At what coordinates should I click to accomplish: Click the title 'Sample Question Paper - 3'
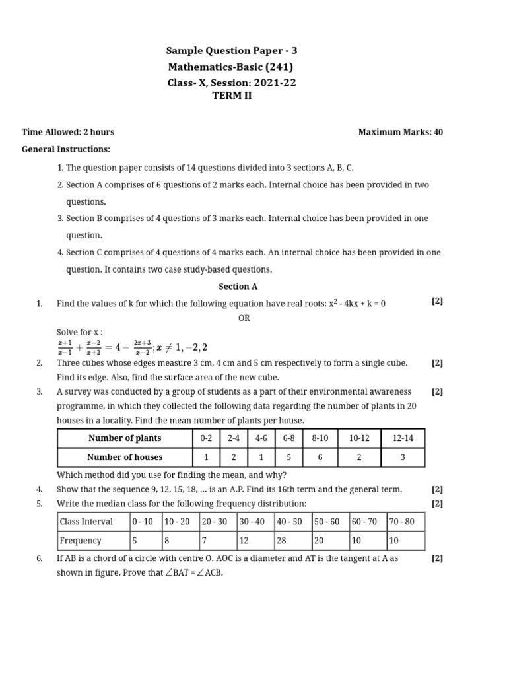[236, 51]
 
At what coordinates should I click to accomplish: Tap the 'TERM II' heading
[231, 96]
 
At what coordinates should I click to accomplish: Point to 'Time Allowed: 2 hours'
[68, 132]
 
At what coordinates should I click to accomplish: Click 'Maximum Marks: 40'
[400, 132]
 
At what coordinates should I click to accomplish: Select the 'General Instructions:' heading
[66, 149]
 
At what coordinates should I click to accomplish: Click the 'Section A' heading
[238, 287]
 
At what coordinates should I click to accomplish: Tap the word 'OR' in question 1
[244, 318]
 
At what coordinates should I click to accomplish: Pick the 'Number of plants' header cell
[125, 438]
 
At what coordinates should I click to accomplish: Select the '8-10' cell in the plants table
[320, 438]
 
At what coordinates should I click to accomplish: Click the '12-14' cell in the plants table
[402, 438]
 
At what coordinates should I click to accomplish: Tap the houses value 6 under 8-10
[320, 457]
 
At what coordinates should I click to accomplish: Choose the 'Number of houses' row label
[125, 457]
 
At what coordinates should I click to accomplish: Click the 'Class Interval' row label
[86, 522]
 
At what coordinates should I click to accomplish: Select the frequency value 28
[281, 541]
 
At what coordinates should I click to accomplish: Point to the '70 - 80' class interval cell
[401, 522]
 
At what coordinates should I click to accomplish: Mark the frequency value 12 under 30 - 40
[244, 541]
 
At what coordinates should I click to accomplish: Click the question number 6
[40, 558]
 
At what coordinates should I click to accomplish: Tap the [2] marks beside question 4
[437, 489]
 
